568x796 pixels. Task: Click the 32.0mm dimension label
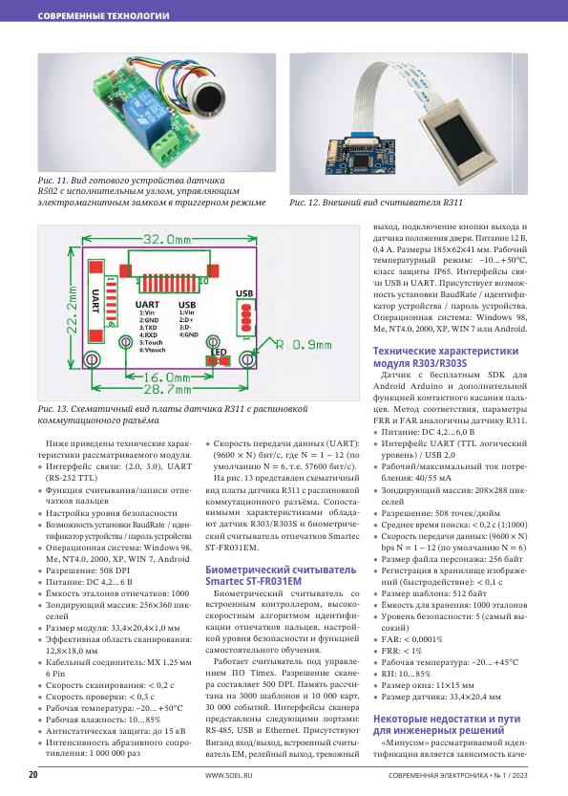click(x=166, y=239)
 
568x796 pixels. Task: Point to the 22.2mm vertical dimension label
click(x=73, y=310)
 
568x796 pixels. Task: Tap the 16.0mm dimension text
click(x=167, y=377)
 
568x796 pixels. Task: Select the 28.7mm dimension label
click(x=167, y=389)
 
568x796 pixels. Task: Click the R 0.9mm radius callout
click(x=304, y=345)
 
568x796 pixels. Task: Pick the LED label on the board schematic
click(x=220, y=352)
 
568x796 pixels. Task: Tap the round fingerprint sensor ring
click(x=209, y=96)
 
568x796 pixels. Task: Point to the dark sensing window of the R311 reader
click(x=459, y=142)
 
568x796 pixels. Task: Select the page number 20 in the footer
click(x=32, y=775)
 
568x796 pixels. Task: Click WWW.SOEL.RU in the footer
click(x=229, y=775)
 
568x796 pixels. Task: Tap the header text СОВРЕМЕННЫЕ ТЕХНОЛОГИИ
click(x=103, y=15)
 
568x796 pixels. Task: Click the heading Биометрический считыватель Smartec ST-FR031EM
click(x=281, y=575)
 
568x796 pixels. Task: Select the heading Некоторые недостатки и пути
click(x=447, y=719)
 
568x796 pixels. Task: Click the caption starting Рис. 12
click(x=376, y=203)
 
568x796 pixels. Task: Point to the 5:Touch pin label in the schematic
click(x=151, y=343)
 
